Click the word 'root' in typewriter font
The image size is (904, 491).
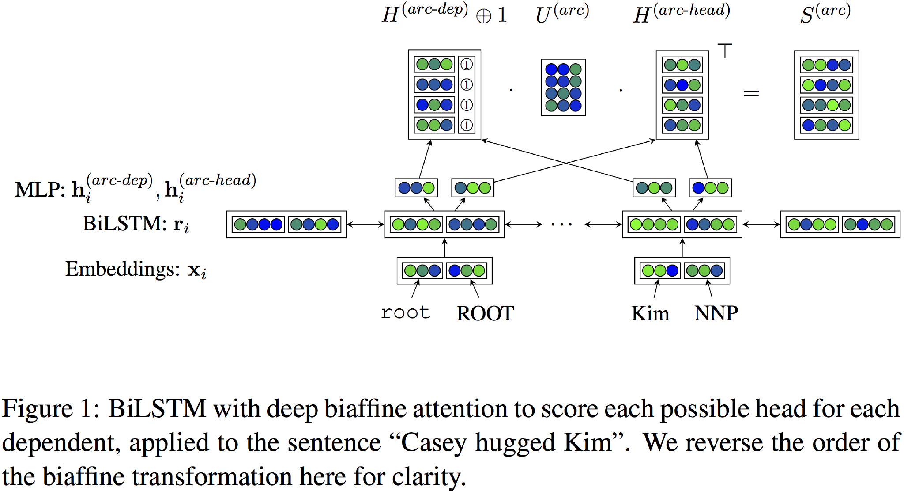[405, 313]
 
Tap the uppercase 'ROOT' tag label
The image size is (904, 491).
[485, 313]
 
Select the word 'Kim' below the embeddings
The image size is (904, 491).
[650, 313]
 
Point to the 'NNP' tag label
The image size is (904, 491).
[716, 313]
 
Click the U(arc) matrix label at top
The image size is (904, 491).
[562, 14]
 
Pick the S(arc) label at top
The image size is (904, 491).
[825, 14]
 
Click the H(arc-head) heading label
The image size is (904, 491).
[681, 14]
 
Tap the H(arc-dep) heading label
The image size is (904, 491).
[425, 14]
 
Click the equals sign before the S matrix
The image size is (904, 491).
[751, 93]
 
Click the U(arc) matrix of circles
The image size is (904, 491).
[563, 88]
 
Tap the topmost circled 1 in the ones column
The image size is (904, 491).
[467, 65]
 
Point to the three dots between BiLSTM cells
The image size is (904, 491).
[561, 225]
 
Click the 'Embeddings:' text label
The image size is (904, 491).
[122, 269]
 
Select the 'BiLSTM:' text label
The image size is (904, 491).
[124, 224]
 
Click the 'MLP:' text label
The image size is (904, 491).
[40, 190]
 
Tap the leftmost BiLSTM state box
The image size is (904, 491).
[286, 225]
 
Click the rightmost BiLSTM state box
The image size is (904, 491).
[840, 225]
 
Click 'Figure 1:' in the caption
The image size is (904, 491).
[51, 409]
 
